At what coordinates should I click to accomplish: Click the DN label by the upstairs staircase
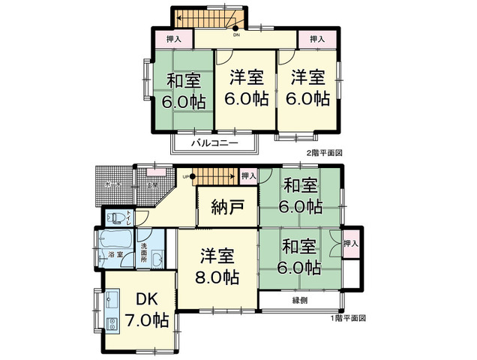coord(236,34)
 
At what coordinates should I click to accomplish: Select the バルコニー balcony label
coord(214,141)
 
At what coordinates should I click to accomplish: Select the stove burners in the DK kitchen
coord(112,325)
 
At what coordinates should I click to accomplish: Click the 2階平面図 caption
coord(324,153)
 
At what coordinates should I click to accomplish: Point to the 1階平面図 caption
coord(348,318)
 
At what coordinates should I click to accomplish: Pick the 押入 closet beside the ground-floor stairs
coord(249,176)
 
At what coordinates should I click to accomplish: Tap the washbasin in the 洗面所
coord(157,259)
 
